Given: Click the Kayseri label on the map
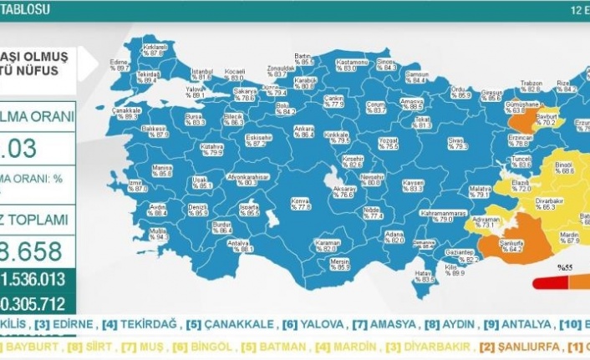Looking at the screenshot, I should (412, 185).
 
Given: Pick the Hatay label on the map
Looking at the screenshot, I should (425, 276).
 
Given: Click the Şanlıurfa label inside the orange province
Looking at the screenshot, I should (510, 244).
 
